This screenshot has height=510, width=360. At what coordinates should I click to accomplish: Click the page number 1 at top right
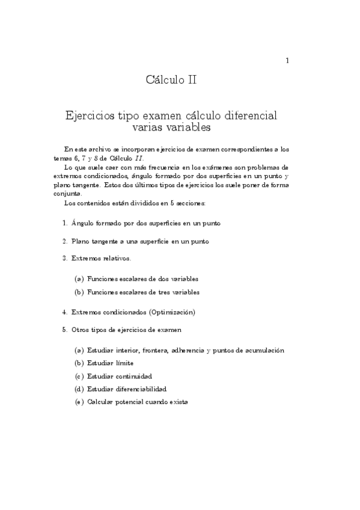288,60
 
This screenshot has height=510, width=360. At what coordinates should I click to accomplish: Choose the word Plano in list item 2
81,241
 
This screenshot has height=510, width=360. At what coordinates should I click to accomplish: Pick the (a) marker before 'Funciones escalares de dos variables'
79,279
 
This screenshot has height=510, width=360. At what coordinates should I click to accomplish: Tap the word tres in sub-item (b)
160,292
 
